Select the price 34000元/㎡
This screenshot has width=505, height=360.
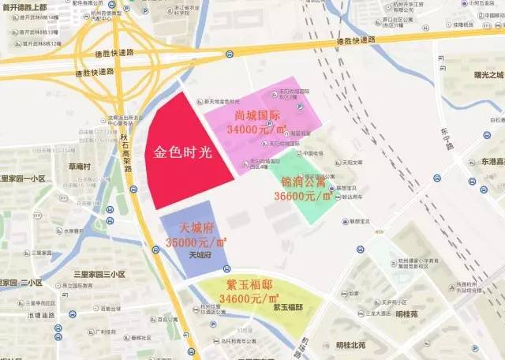[253, 128]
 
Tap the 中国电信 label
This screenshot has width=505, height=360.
[312, 153]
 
